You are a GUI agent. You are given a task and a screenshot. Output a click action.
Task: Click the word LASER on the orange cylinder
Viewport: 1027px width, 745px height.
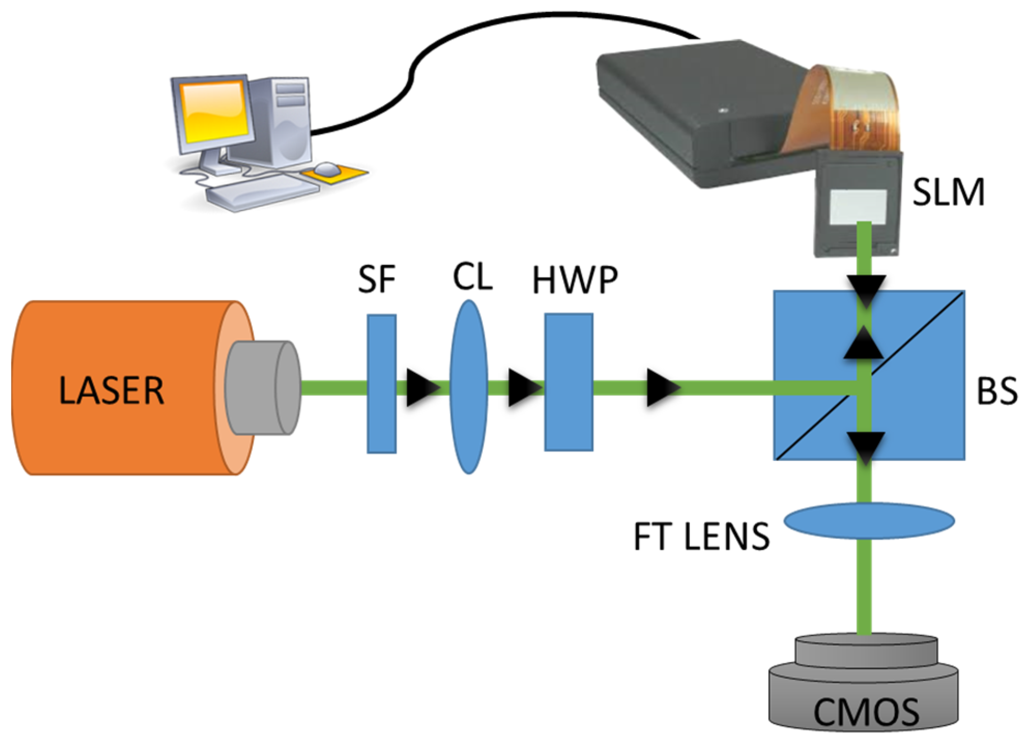click(x=111, y=391)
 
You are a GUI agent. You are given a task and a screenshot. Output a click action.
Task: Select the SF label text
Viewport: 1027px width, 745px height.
click(x=377, y=279)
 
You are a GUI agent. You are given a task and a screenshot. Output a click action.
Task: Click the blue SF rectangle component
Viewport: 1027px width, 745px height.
click(x=382, y=384)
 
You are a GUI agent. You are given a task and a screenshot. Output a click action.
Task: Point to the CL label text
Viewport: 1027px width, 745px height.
click(x=472, y=277)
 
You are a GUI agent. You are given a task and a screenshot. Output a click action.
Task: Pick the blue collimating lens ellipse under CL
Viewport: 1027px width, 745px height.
click(x=469, y=386)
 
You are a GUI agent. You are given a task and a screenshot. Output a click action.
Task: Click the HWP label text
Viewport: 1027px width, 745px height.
click(x=575, y=280)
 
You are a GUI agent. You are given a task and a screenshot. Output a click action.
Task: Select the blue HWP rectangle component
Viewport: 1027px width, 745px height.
click(x=569, y=382)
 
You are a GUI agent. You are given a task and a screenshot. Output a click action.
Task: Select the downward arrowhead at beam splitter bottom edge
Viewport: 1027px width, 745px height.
click(x=865, y=447)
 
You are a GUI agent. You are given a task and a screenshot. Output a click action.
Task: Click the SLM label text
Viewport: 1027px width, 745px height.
click(x=948, y=193)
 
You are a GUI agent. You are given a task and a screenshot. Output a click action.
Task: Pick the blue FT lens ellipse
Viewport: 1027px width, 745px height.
click(x=869, y=521)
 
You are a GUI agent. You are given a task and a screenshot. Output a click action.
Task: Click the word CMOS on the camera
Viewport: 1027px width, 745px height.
click(x=866, y=713)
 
